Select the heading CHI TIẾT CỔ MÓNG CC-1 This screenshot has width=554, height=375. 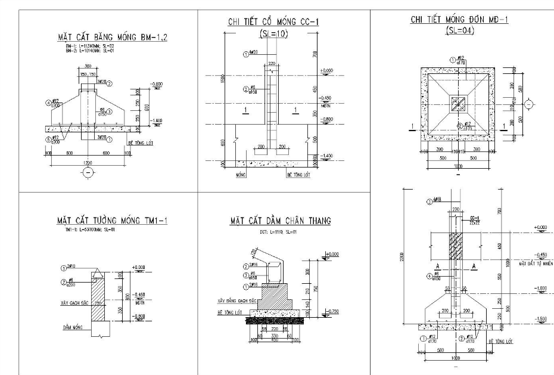(273, 22)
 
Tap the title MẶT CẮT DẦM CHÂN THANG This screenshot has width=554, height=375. (280, 222)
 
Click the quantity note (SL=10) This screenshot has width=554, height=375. (273, 34)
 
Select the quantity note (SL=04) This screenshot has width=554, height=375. (459, 30)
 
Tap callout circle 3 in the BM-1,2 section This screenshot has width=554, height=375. (109, 111)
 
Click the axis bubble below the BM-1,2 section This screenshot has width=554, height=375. (88, 173)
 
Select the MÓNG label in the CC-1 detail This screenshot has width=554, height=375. (241, 176)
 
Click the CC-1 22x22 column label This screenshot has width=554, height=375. (475, 220)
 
